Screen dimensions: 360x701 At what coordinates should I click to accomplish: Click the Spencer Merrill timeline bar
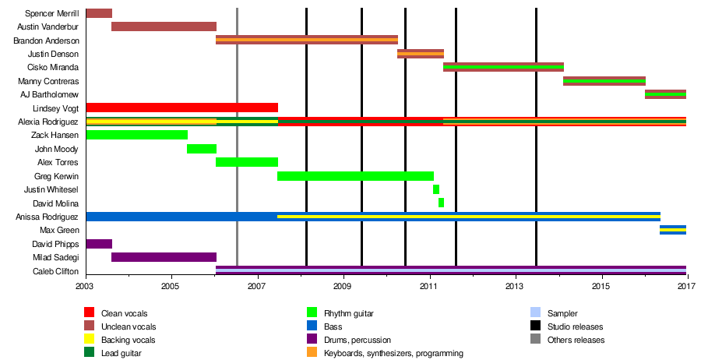pos(99,13)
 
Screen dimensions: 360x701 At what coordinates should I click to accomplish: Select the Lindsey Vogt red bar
pos(181,108)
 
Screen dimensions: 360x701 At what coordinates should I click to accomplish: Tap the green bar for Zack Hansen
pos(136,135)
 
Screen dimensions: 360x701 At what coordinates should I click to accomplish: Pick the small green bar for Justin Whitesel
pos(436,189)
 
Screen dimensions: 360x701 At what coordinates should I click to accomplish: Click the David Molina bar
pos(442,203)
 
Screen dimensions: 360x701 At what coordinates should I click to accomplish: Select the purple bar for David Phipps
pos(99,244)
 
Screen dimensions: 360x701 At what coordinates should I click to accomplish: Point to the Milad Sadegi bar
pos(164,257)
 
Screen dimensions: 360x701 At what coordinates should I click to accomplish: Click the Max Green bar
pos(673,230)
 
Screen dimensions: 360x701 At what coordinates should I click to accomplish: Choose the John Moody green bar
pos(202,149)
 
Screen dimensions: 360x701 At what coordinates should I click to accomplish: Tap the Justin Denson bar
pos(421,54)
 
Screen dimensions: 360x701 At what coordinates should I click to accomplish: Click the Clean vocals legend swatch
pos(90,313)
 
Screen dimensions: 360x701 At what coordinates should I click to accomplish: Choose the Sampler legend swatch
pos(535,313)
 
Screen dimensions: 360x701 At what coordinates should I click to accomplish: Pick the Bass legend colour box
pos(313,326)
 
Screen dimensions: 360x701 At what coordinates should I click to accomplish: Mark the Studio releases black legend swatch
pos(535,326)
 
